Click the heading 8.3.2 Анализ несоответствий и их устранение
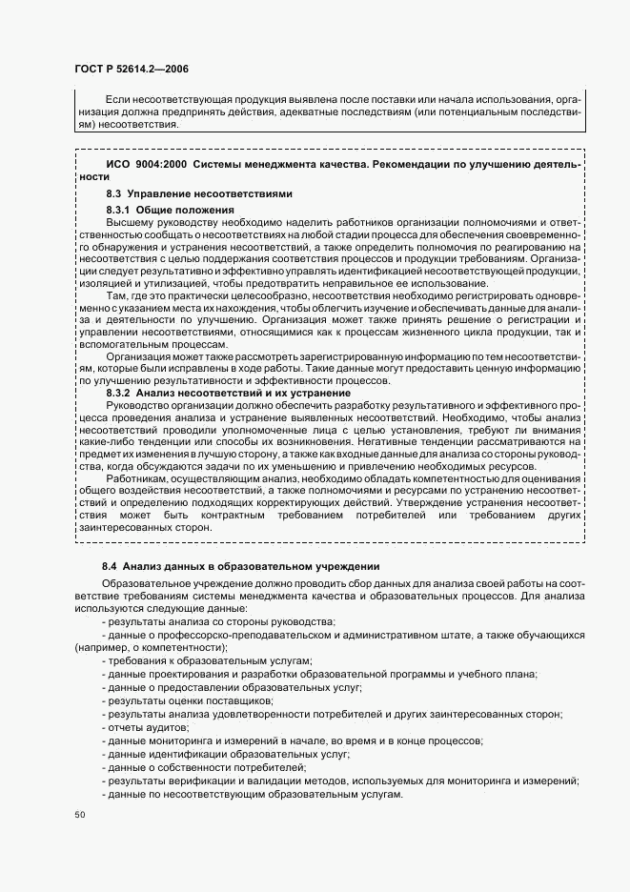(x=214, y=393)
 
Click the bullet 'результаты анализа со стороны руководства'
(x=220, y=620)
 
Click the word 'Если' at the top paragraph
(x=114, y=99)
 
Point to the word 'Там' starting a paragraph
(x=115, y=296)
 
